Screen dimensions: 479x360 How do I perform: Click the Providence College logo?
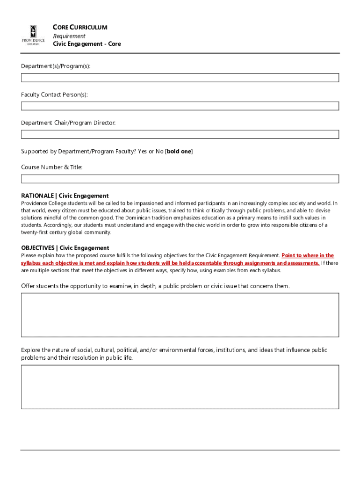(x=33, y=35)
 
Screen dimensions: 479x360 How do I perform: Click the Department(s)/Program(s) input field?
(x=180, y=77)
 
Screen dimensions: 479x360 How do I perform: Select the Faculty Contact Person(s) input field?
(x=180, y=106)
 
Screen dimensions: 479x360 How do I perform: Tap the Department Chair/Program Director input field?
(x=180, y=134)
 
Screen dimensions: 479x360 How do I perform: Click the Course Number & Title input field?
(x=180, y=179)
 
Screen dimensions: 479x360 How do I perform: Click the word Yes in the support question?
(x=143, y=152)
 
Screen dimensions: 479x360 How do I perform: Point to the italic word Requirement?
(x=69, y=36)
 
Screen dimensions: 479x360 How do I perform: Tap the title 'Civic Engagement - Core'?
(x=86, y=44)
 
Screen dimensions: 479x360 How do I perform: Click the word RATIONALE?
(x=37, y=196)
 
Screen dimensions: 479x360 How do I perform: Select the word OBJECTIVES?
(x=38, y=248)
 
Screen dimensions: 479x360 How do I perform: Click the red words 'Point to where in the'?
(x=308, y=255)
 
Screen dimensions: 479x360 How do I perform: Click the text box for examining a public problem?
(x=180, y=315)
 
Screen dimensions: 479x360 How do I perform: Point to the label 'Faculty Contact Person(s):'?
(x=54, y=95)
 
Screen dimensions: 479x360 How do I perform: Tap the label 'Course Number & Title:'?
(x=51, y=167)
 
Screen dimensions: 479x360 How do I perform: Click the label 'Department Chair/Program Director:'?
(x=68, y=123)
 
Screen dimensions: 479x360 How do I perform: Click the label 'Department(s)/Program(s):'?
(x=56, y=66)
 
